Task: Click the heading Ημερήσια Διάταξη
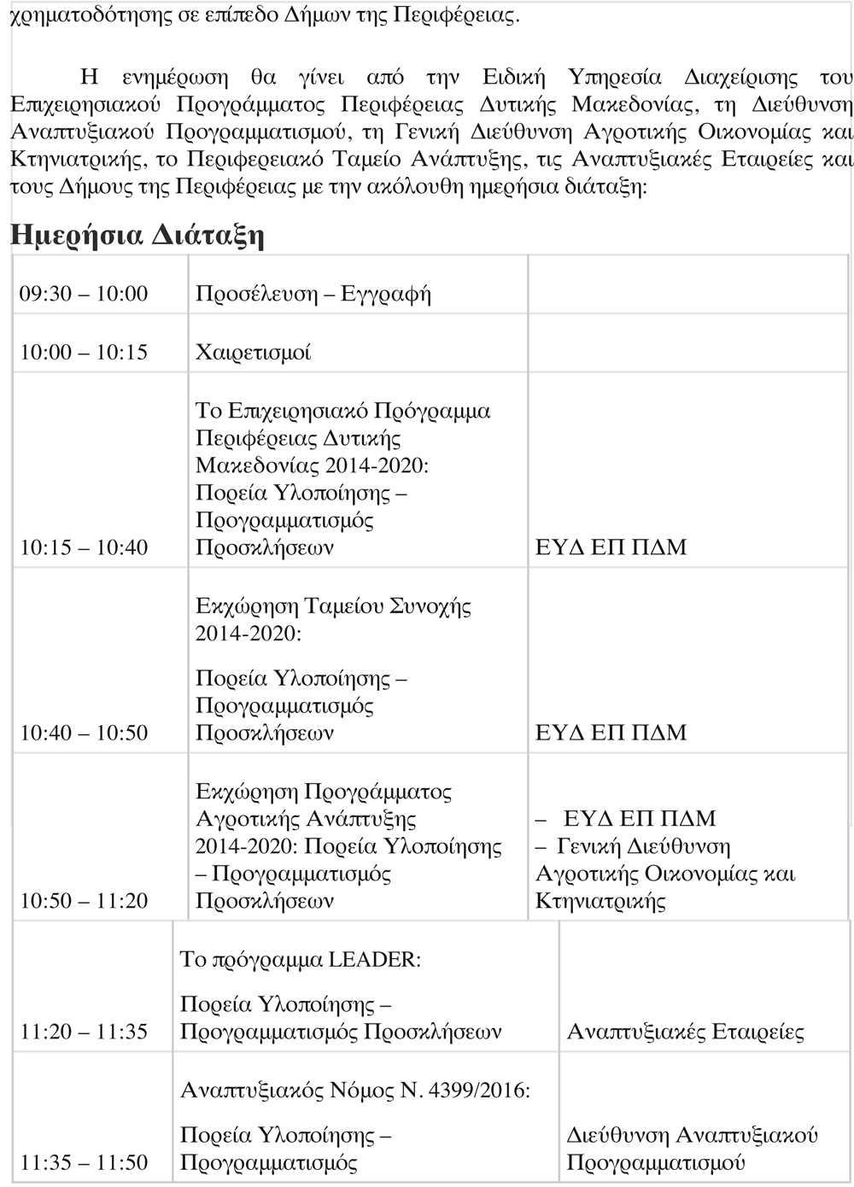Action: pos(137,235)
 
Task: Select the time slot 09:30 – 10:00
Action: pos(84,294)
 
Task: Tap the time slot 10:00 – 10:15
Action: pos(84,352)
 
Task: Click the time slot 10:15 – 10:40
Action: pos(84,547)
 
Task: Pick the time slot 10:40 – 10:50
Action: pos(84,733)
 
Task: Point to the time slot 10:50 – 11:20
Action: pos(84,901)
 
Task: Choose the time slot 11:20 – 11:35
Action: pos(84,1032)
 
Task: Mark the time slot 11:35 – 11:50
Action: pos(84,1162)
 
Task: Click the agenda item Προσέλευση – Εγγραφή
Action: pos(313,294)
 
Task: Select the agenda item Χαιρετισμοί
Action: pos(254,352)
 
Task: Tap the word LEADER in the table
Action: pos(375,960)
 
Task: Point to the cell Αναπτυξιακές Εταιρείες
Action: pos(686,1032)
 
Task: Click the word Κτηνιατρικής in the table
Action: pos(600,901)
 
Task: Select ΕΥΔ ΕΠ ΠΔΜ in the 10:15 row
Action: pos(611,547)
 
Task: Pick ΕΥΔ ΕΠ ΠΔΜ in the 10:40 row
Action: pos(611,733)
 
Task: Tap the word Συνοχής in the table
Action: pos(430,606)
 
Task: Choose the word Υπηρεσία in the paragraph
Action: pos(615,77)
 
